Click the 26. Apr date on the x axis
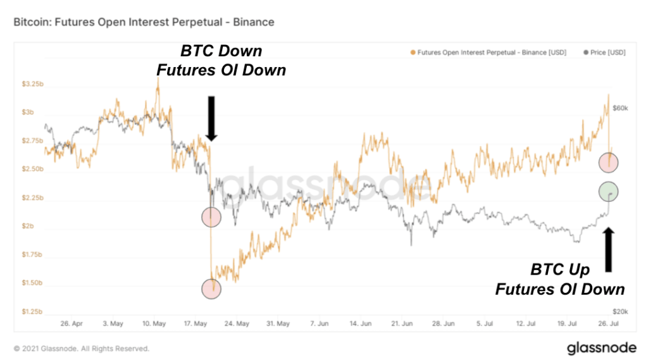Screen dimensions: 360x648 coord(71,323)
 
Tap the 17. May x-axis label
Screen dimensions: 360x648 coord(196,323)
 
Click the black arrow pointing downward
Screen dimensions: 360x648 coord(211,118)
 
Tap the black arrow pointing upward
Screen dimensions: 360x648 coord(609,250)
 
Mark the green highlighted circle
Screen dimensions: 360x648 coord(608,192)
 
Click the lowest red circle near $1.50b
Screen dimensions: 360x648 coord(211,289)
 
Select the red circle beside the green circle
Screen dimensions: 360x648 coord(608,163)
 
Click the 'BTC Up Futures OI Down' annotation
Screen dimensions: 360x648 coord(559,280)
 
